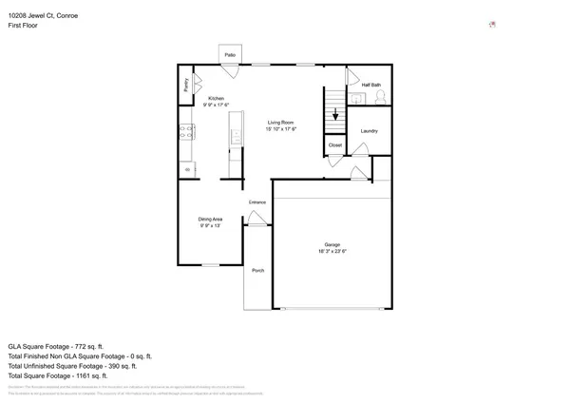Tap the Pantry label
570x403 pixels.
coord(185,86)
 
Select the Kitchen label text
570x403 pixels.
coord(216,98)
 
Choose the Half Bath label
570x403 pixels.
coord(371,86)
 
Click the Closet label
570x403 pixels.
coord(334,145)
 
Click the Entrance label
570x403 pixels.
coord(257,202)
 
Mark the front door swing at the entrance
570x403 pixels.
coord(255,220)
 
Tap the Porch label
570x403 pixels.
coord(257,271)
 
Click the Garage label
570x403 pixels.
coord(332,244)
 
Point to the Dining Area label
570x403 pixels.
coord(211,219)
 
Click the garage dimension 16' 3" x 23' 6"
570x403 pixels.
coord(332,252)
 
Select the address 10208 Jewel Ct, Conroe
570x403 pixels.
coord(45,14)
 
